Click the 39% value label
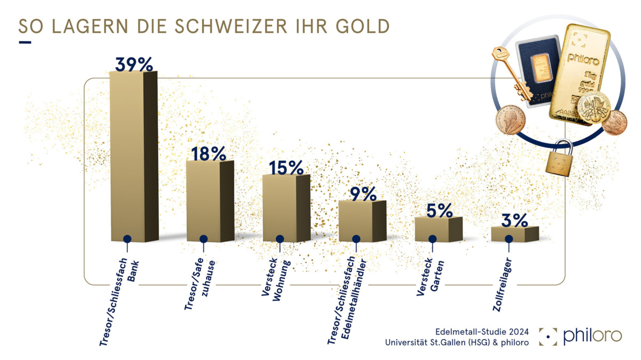click(x=134, y=64)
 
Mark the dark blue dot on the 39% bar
click(x=127, y=239)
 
